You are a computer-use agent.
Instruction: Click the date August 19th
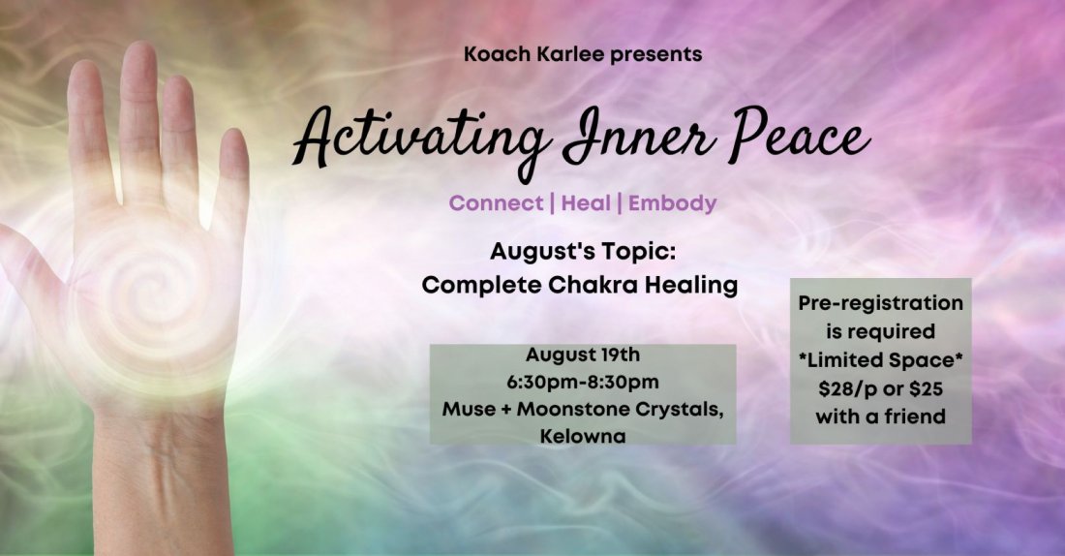click(583, 354)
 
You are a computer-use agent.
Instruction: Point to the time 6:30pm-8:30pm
click(583, 381)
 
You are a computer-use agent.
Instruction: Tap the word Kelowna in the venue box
click(583, 436)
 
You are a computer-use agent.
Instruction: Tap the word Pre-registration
click(881, 303)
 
